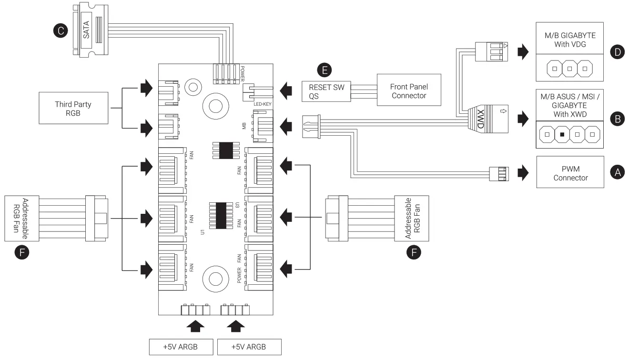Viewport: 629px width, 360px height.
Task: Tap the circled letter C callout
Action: click(x=60, y=31)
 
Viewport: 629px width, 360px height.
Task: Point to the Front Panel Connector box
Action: click(x=408, y=91)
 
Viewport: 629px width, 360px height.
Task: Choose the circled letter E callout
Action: click(x=325, y=70)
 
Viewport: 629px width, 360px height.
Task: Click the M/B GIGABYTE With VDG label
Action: click(x=569, y=40)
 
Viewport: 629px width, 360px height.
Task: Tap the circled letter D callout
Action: click(x=618, y=52)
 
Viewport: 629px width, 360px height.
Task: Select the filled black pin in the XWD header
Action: click(x=562, y=134)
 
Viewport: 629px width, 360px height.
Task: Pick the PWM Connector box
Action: click(x=570, y=173)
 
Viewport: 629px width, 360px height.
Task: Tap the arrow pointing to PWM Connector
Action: click(x=523, y=173)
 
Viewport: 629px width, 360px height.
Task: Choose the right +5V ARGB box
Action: click(x=249, y=347)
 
